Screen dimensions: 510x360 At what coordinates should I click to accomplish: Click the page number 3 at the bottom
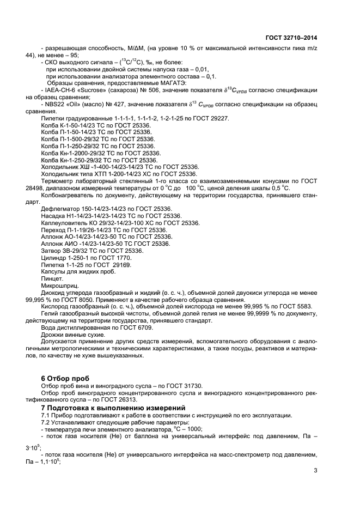[x=315, y=470]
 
